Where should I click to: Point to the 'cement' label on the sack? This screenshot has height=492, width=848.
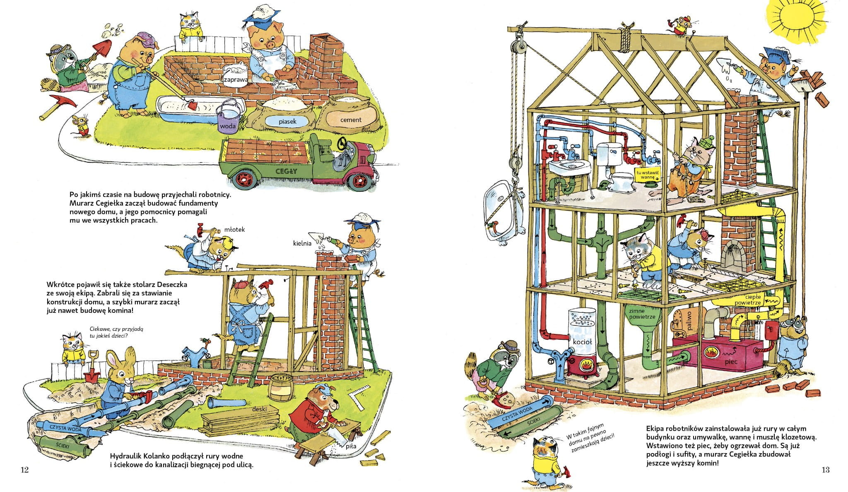[350, 120]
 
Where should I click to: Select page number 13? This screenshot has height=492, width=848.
[826, 470]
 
